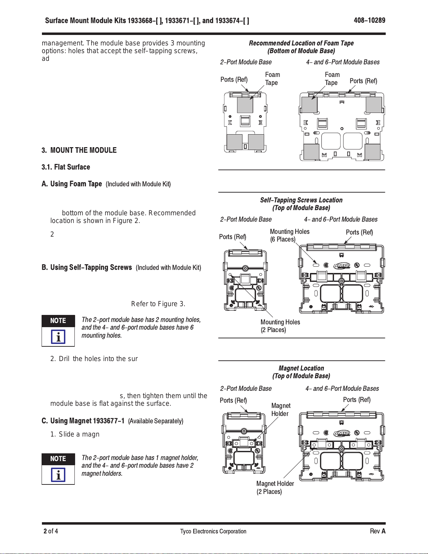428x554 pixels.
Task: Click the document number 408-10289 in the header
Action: coord(369,20)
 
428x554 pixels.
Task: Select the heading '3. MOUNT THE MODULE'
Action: coord(79,150)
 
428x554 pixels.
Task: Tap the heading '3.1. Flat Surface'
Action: coord(66,167)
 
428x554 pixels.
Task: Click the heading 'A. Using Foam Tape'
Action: coord(72,184)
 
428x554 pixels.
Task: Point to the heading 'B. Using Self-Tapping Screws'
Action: coord(87,267)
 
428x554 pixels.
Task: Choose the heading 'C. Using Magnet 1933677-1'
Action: coord(83,421)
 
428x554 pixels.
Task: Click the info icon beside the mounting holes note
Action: coord(58,337)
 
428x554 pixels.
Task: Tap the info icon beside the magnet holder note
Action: coord(58,475)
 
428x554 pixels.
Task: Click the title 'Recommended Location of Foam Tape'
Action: coord(301,43)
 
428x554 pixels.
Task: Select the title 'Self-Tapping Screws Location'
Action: coord(301,200)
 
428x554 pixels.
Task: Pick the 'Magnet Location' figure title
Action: coord(301,368)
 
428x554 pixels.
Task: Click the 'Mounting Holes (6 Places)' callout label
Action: coord(290,235)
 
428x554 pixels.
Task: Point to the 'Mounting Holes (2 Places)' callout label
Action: coord(280,326)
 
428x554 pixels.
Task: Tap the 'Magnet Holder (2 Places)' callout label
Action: coord(275,487)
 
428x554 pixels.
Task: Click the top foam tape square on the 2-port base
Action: coord(245,105)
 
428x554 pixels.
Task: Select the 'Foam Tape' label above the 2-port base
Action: coord(272,79)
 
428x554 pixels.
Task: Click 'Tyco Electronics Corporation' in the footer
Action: coord(213,531)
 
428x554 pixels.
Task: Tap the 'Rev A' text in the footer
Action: coord(378,531)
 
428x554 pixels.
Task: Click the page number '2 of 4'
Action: coord(51,531)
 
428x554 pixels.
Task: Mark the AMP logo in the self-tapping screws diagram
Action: coord(341,266)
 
